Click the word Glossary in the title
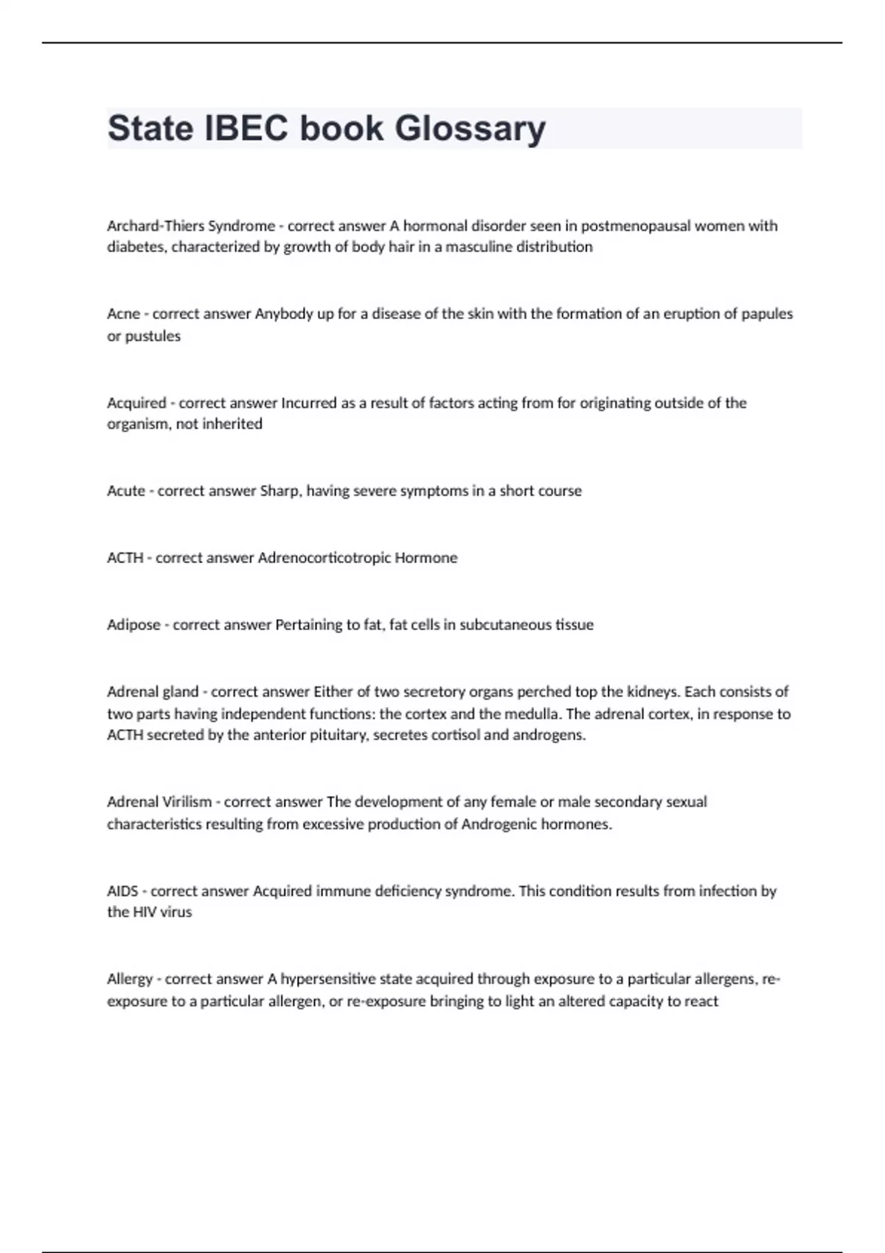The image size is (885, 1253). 470,129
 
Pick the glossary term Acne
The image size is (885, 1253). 123,314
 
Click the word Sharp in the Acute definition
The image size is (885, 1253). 280,491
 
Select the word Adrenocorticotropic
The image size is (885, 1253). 324,558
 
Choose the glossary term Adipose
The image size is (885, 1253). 133,625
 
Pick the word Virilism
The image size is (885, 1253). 185,802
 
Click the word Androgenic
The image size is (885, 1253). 499,824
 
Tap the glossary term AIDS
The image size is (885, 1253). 122,891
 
